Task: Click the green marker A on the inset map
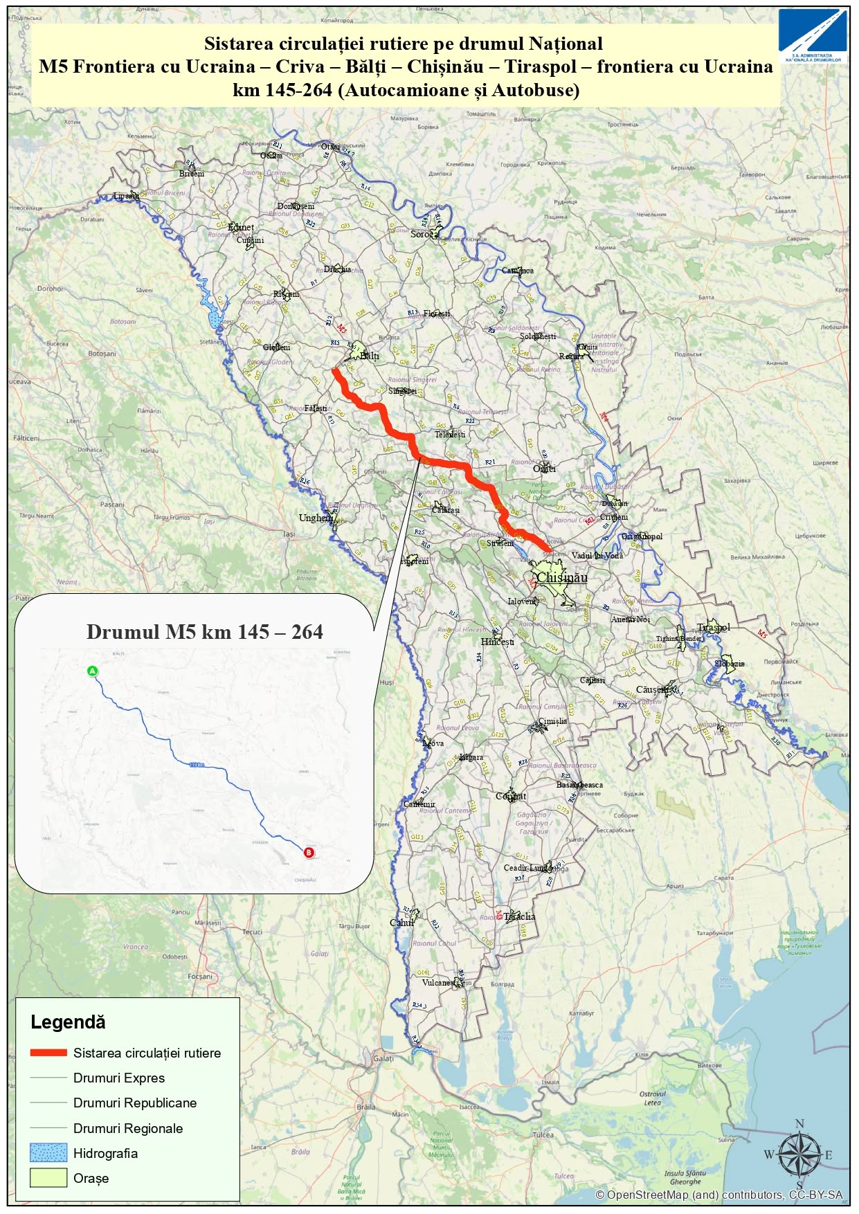pyautogui.click(x=93, y=671)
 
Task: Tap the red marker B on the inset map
pyautogui.click(x=309, y=853)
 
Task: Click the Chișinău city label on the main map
pyautogui.click(x=562, y=577)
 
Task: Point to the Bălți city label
pyautogui.click(x=369, y=356)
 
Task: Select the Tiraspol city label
pyautogui.click(x=714, y=627)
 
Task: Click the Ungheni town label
pyautogui.click(x=315, y=518)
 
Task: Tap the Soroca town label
pyautogui.click(x=424, y=234)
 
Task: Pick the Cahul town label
pyautogui.click(x=401, y=923)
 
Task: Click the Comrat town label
pyautogui.click(x=511, y=796)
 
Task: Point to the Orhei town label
pyautogui.click(x=544, y=469)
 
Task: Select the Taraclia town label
pyautogui.click(x=519, y=916)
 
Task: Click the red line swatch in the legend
pyautogui.click(x=48, y=1053)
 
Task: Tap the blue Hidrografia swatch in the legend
pyautogui.click(x=48, y=1153)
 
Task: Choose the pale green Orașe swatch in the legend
pyautogui.click(x=48, y=1178)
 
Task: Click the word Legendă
pyautogui.click(x=68, y=1022)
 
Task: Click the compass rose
pyautogui.click(x=799, y=1154)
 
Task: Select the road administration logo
pyautogui.click(x=813, y=36)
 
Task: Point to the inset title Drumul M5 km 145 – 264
pyautogui.click(x=204, y=632)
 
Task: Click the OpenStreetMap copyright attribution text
pyautogui.click(x=718, y=1195)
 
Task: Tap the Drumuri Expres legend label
pyautogui.click(x=119, y=1078)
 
